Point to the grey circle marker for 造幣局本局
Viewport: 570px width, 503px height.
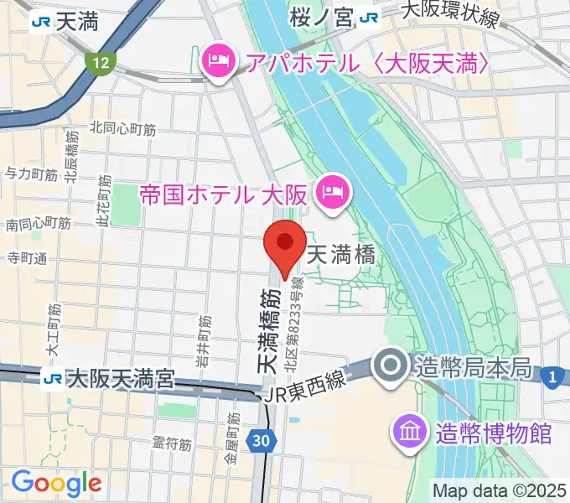pyautogui.click(x=391, y=366)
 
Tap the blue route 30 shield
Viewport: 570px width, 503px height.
pyautogui.click(x=260, y=438)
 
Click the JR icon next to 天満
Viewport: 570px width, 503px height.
pyautogui.click(x=38, y=21)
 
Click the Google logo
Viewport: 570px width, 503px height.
pyautogui.click(x=56, y=482)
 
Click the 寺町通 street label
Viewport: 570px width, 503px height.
pyautogui.click(x=27, y=257)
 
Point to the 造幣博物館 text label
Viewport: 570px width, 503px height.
pyautogui.click(x=494, y=433)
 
